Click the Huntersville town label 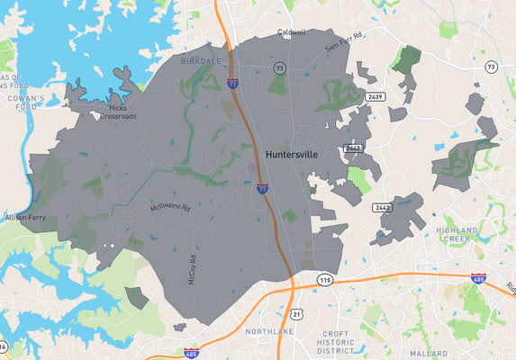coord(291,155)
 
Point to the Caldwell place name coord(291,31)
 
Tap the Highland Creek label coord(461,237)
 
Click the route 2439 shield coord(375,95)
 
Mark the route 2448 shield coord(353,148)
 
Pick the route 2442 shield coord(382,208)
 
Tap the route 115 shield coord(325,281)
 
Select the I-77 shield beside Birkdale coord(233,83)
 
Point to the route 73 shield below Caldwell coord(280,67)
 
